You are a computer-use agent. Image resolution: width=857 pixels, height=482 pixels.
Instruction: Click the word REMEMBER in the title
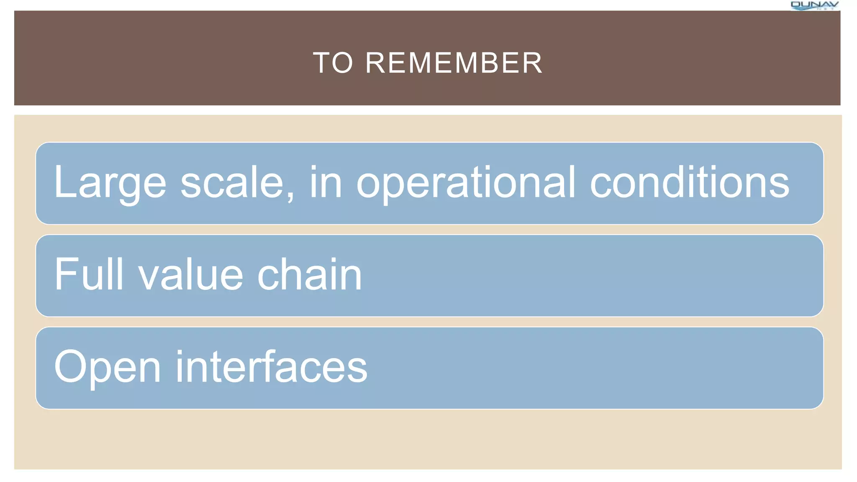tap(454, 63)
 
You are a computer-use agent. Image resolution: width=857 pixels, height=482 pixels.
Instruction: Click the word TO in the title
tap(333, 63)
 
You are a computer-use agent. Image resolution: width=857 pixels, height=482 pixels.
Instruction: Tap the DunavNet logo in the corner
tap(814, 5)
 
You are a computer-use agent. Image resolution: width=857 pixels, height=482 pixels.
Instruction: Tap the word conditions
tap(689, 182)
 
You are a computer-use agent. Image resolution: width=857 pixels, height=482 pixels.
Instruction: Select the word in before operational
tap(325, 182)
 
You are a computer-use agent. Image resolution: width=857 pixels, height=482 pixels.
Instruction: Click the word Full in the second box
tap(89, 274)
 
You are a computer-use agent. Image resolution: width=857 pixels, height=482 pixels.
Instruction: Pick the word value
tap(191, 275)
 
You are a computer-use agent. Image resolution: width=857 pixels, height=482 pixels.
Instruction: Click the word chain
tap(309, 274)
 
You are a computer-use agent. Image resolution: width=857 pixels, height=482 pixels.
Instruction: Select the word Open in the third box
tap(107, 367)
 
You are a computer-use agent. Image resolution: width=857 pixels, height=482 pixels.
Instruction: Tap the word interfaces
tap(271, 367)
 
